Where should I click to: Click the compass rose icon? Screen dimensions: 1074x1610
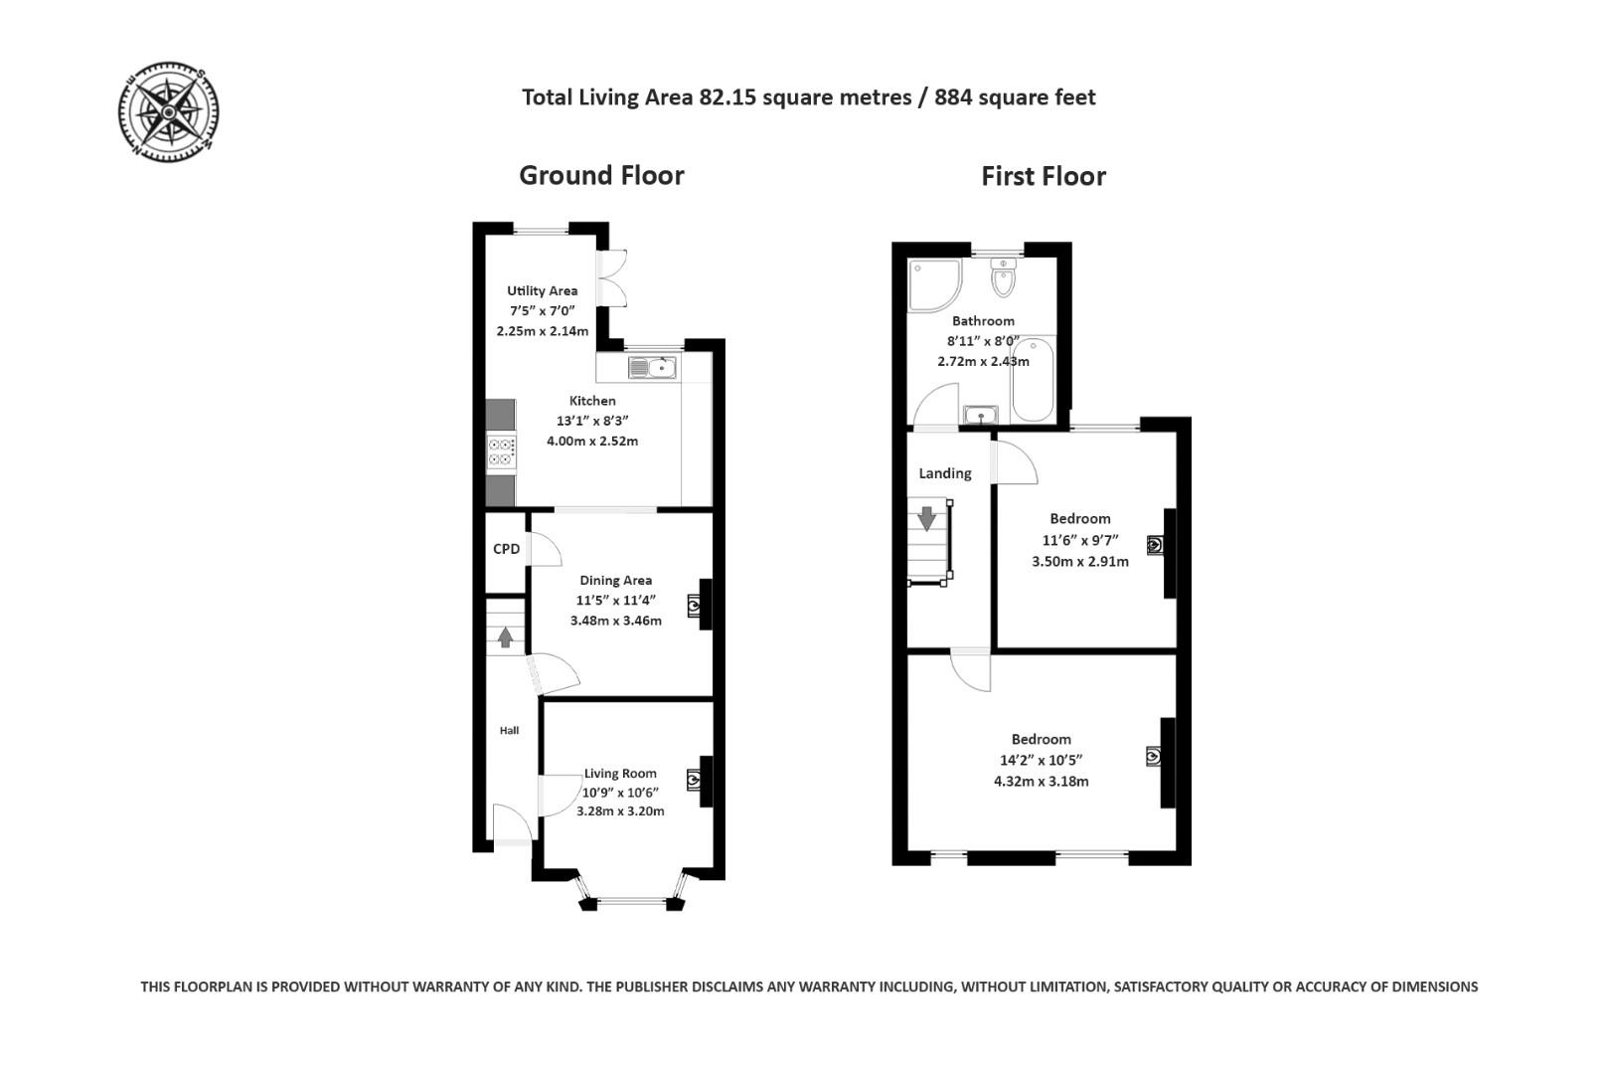(x=168, y=111)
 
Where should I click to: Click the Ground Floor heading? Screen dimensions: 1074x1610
(x=601, y=175)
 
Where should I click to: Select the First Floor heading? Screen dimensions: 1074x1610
(x=1043, y=176)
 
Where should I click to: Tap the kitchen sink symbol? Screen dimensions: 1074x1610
(x=652, y=369)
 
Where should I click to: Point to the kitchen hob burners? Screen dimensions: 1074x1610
(x=501, y=452)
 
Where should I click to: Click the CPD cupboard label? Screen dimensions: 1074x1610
(x=506, y=549)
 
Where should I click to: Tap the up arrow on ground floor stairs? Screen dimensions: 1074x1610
(x=505, y=636)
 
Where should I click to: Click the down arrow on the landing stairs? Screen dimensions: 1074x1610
(x=927, y=518)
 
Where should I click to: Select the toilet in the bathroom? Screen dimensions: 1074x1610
(x=1003, y=279)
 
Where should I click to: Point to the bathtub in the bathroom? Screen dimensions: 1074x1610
(x=1033, y=381)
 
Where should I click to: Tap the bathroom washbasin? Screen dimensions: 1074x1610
(x=981, y=414)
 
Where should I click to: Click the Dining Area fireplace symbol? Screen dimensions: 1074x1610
(x=694, y=605)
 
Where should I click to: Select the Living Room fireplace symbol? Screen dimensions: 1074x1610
(x=694, y=780)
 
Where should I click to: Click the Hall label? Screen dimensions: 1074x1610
(x=509, y=730)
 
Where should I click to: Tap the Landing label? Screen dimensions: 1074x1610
(x=944, y=473)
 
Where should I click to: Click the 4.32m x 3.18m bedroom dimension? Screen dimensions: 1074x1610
(x=1041, y=782)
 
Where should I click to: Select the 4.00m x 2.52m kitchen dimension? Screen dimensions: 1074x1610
(x=591, y=441)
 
